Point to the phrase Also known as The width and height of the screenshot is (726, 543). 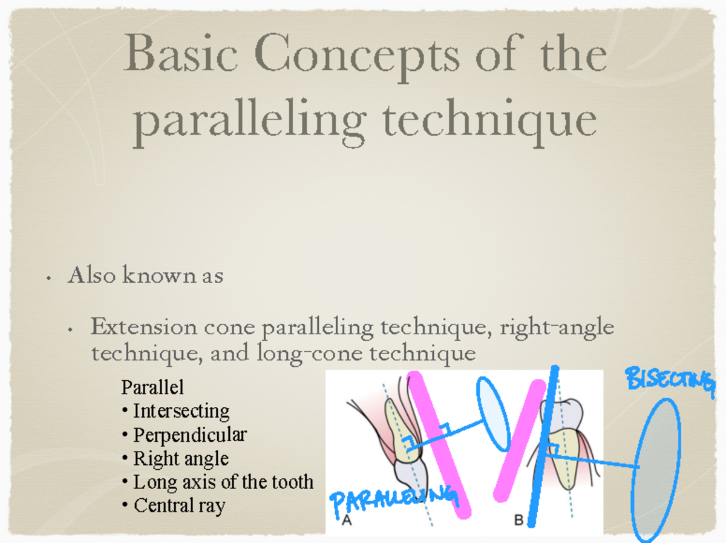(x=145, y=275)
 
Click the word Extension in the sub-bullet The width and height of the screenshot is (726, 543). (x=144, y=327)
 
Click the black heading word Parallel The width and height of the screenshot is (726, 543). (x=152, y=386)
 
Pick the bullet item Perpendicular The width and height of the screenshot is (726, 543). (x=189, y=435)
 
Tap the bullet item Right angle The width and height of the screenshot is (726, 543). (x=180, y=458)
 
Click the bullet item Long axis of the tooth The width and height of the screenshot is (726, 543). (x=223, y=482)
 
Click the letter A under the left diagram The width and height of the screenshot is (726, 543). (x=347, y=520)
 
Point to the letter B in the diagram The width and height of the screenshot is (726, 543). (x=518, y=520)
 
